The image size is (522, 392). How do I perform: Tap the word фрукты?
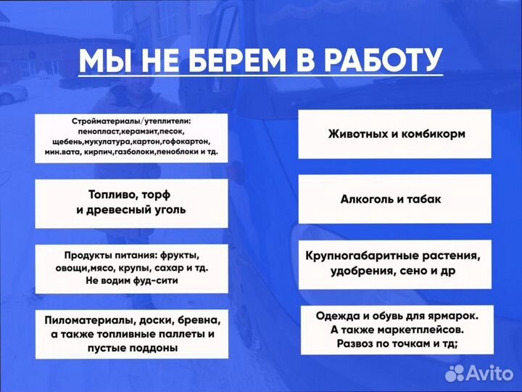pyautogui.click(x=176, y=256)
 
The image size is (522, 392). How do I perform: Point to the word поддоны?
pyautogui.click(x=155, y=348)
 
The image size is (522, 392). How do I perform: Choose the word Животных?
pyautogui.click(x=360, y=134)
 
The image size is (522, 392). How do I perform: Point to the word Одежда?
pyautogui.click(x=340, y=317)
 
